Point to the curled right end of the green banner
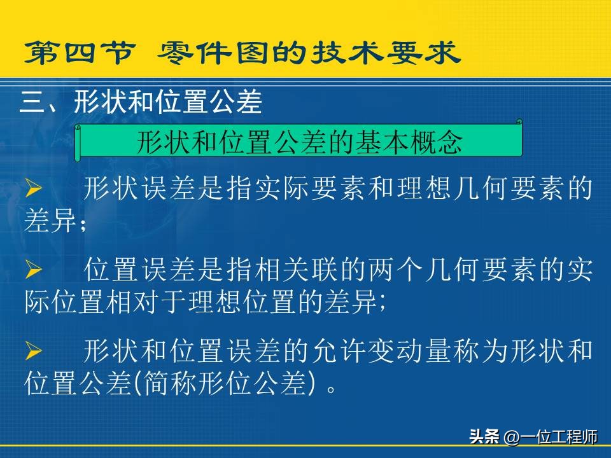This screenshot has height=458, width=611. coord(519,122)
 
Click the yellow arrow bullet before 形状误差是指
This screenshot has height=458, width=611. coord(34,188)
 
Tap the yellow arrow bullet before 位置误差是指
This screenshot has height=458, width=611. coord(34,269)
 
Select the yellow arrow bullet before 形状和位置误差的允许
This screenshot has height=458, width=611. coord(34,350)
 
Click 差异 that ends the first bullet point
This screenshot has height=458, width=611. coord(50,220)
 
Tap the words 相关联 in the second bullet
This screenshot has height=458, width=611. coord(297,269)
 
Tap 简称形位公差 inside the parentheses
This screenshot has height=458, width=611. coord(224,383)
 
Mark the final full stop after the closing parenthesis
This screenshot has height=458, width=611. coord(332,389)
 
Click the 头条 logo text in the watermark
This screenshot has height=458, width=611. coord(484,436)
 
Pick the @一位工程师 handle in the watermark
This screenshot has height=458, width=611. coord(551,437)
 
